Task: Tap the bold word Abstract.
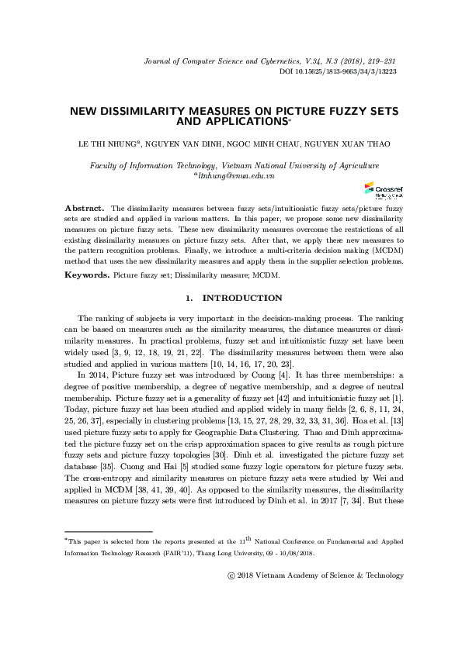coord(84,209)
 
